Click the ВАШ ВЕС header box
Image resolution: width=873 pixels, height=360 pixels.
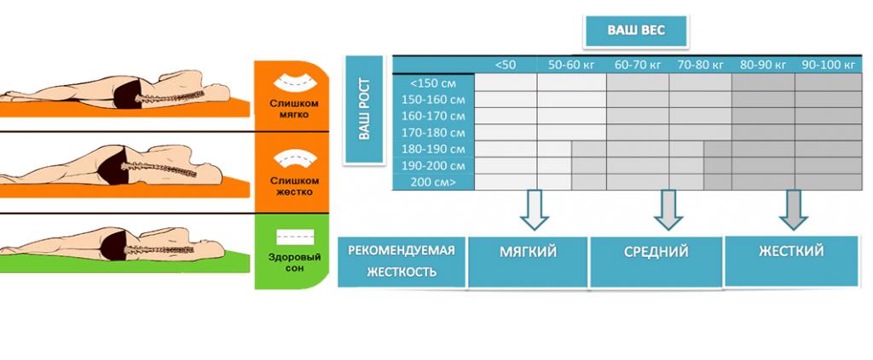click(635, 31)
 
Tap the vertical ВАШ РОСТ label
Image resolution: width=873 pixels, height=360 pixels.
click(365, 108)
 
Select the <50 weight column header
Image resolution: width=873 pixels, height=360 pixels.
click(506, 65)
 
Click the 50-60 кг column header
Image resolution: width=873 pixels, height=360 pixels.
click(572, 65)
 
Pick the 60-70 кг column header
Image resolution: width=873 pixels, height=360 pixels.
click(638, 65)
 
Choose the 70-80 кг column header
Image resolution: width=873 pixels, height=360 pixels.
click(700, 65)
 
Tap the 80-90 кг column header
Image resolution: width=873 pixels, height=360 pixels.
click(763, 65)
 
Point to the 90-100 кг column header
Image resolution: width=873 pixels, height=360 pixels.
click(826, 65)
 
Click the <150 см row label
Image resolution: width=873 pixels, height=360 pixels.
click(433, 83)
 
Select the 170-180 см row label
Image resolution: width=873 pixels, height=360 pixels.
click(433, 132)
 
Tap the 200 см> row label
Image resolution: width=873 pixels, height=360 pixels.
click(433, 182)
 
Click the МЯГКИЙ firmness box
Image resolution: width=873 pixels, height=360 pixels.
click(528, 253)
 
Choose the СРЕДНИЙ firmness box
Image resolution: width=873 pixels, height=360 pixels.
click(656, 253)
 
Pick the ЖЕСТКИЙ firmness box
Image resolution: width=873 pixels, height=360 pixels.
click(790, 253)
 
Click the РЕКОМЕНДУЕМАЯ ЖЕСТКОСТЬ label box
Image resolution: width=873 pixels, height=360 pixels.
click(402, 261)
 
